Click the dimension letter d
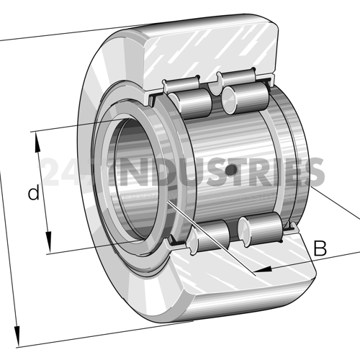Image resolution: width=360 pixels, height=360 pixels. [32, 193]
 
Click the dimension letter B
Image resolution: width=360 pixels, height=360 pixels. [320, 250]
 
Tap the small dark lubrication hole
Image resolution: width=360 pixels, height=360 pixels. [231, 170]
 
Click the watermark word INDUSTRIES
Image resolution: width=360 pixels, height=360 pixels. [223, 171]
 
